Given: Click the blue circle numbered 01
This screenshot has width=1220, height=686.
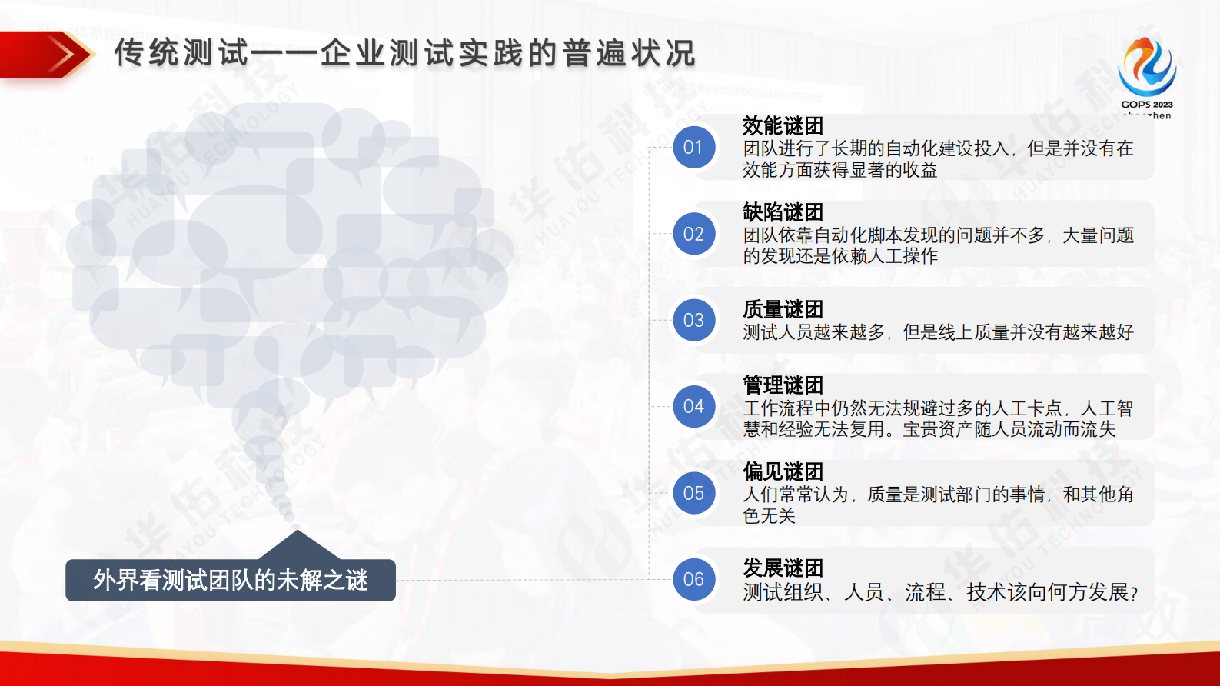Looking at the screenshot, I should (693, 148).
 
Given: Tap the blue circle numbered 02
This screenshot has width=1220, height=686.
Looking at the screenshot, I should (693, 234).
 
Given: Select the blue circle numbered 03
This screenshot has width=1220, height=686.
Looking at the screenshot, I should (693, 320).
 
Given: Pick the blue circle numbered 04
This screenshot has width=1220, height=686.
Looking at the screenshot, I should (693, 406).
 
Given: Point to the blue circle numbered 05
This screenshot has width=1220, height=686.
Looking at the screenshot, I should (693, 493).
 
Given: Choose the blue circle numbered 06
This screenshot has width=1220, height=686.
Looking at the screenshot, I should (693, 579).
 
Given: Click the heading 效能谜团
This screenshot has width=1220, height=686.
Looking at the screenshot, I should (783, 125).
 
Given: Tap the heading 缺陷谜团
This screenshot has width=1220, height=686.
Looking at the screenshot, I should (783, 211).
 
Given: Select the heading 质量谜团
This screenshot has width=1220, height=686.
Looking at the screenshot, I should (783, 309).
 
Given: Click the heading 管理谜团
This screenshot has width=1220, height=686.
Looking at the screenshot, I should (783, 385).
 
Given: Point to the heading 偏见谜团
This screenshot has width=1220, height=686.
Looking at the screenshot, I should (783, 471).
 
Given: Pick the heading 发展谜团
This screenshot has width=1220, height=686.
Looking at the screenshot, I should (783, 568).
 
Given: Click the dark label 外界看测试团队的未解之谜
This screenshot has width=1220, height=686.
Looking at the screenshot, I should (231, 580).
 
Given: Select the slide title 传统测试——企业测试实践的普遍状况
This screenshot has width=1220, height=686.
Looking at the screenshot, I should (404, 53).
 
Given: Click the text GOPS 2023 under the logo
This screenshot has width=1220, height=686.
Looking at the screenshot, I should (1147, 105).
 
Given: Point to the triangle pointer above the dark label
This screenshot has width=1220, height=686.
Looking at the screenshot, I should (298, 544).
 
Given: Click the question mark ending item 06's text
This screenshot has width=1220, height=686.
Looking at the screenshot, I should (1134, 594).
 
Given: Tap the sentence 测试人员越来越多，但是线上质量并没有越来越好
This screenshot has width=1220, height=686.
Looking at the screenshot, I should (938, 332).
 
